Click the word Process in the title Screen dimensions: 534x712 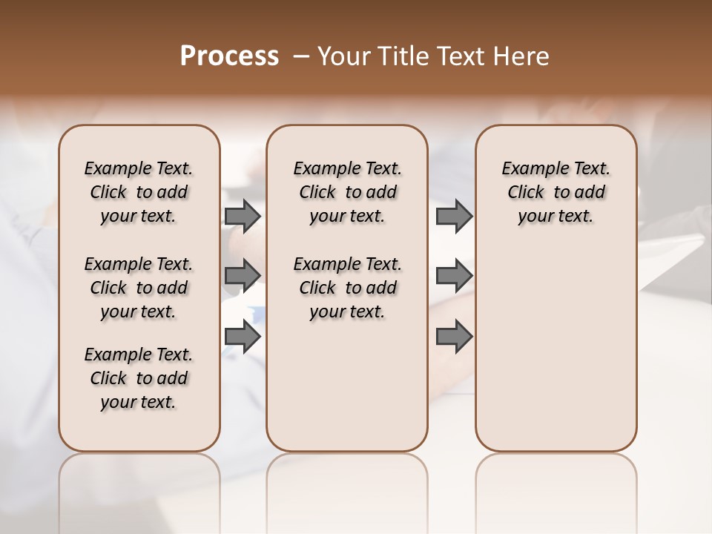point(229,56)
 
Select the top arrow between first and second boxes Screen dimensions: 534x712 point(242,216)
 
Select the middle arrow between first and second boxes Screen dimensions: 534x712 point(242,275)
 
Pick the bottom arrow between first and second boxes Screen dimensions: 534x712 point(242,337)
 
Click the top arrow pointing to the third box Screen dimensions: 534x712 point(454,216)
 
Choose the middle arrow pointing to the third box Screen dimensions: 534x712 point(454,275)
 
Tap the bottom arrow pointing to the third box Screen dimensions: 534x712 point(454,337)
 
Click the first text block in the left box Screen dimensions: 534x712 point(138,192)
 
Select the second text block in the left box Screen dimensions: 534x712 point(138,288)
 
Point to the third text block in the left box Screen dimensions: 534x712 point(138,378)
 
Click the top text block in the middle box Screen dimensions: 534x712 point(347,192)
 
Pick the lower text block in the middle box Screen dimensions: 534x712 point(347,288)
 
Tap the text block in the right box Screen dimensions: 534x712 point(556,192)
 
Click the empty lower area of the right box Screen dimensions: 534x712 point(556,349)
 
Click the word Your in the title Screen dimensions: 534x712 point(344,56)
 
